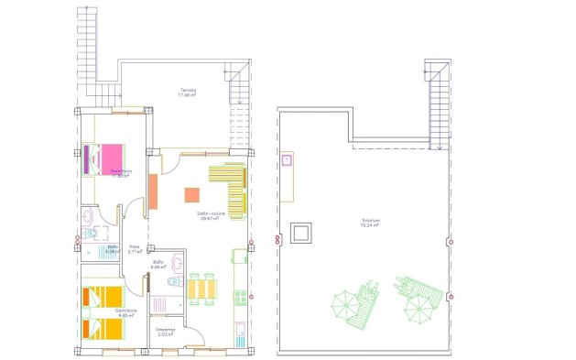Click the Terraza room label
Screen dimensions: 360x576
(188, 91)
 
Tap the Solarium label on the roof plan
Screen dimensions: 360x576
(371, 222)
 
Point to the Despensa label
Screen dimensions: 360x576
(166, 331)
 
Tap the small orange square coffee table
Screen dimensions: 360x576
(192, 194)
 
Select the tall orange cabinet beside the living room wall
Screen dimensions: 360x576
(154, 191)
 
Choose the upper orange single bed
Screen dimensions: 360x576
(102, 296)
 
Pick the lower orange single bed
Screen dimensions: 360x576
(102, 327)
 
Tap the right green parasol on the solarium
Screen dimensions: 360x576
(418, 309)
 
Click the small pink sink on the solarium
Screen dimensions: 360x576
(287, 160)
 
